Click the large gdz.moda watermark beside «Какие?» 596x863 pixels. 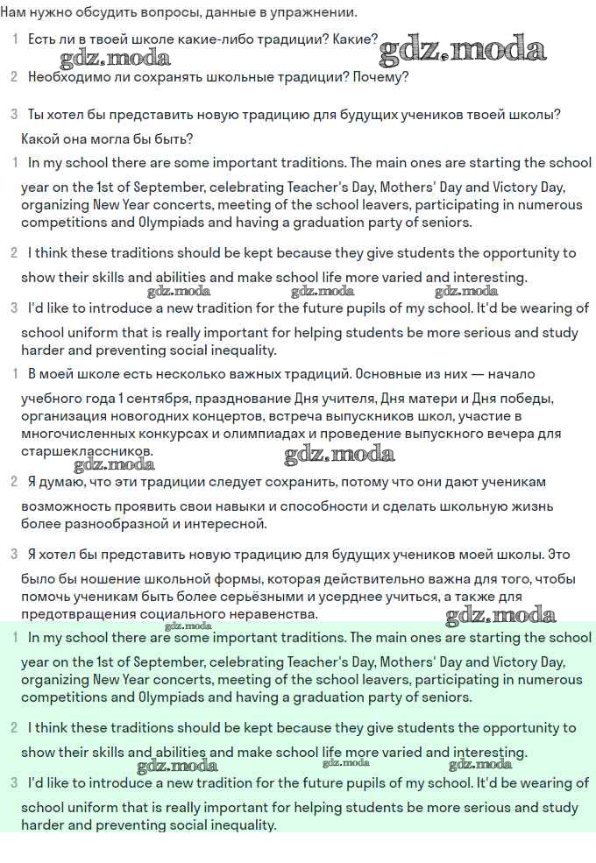point(462,49)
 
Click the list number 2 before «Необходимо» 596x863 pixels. point(14,77)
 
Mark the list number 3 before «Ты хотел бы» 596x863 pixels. point(14,114)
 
